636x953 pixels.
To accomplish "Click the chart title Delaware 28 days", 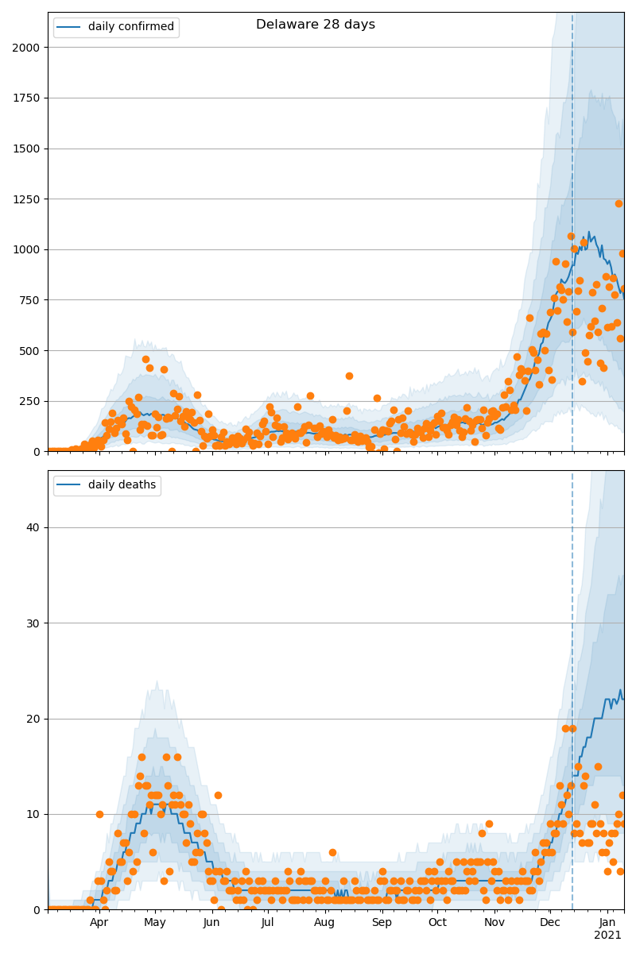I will click(316, 25).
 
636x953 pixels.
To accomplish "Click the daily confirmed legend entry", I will click(116, 27).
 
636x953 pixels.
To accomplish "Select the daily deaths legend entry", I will click(107, 485).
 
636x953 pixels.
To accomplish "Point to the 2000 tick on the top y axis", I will click(27, 48).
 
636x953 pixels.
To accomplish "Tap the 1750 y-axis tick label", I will click(27, 98).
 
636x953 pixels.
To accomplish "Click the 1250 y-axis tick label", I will click(27, 199).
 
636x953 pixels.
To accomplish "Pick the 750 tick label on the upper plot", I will click(30, 300).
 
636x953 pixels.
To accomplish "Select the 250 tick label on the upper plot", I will click(30, 401).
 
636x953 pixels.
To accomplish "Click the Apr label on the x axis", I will click(99, 923).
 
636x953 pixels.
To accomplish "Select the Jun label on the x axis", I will click(211, 923).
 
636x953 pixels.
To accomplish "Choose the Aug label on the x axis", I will click(324, 923).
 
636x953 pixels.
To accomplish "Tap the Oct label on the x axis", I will click(438, 923).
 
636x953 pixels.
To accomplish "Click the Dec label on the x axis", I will click(550, 923).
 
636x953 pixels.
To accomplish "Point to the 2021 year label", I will click(608, 936).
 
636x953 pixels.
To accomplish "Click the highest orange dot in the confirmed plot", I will click(619, 203).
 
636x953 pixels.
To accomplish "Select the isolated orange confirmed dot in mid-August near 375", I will click(349, 376).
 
